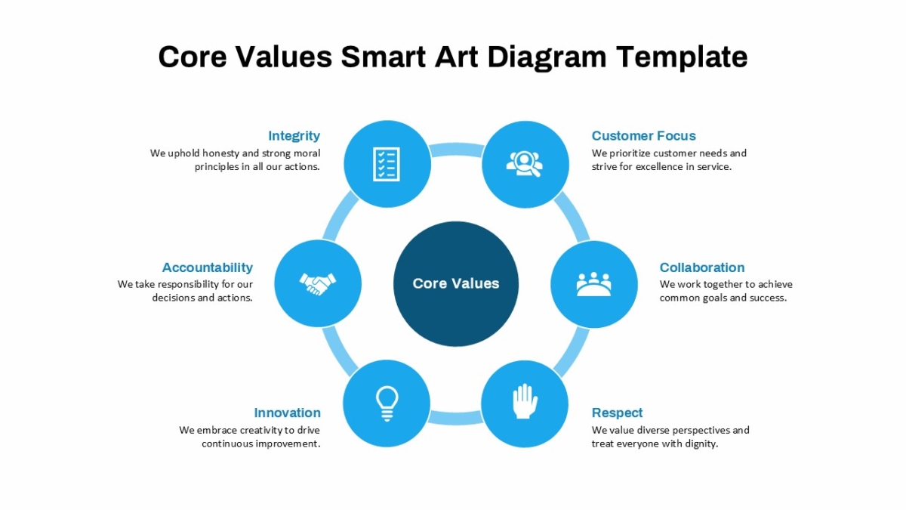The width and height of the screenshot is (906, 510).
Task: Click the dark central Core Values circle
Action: point(456,284)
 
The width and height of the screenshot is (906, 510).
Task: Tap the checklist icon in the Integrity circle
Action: point(387,164)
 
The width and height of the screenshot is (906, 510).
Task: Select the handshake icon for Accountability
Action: point(318,284)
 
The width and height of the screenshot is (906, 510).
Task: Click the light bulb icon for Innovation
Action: point(387,404)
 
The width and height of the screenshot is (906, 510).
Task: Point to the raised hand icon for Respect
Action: point(525,400)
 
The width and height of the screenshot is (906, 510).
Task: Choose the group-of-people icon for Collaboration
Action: point(593,284)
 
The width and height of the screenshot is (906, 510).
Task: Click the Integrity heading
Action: point(294,136)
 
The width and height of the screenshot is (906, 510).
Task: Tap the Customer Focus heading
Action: point(643,135)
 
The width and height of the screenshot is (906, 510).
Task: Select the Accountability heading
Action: point(208,267)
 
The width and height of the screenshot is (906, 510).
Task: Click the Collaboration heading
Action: point(702,267)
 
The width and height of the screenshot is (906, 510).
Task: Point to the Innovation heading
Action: point(287,413)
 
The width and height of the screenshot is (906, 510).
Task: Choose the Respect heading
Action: point(618,413)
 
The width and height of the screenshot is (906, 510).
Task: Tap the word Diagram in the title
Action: point(547,57)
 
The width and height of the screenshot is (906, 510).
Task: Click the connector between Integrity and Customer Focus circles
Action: point(456,150)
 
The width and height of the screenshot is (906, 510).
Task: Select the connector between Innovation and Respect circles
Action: point(455,418)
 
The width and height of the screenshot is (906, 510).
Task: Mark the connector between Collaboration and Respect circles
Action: point(572,352)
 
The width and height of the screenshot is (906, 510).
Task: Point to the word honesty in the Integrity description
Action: point(220,153)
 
